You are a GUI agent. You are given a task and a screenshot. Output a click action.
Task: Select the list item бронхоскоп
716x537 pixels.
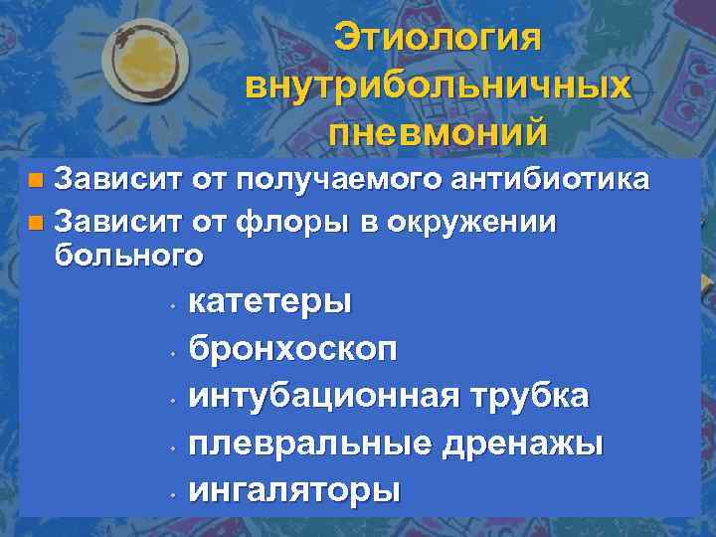coord(293,349)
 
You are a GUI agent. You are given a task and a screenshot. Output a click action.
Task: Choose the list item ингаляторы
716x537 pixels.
coord(294,490)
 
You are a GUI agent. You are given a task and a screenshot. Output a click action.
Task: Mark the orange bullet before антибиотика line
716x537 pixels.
coord(36,181)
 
